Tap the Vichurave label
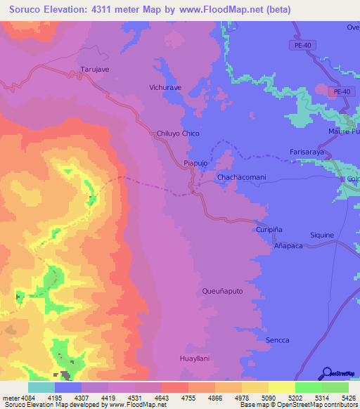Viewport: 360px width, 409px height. point(165,88)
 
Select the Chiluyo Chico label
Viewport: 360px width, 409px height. point(178,134)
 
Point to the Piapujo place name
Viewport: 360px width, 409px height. point(195,163)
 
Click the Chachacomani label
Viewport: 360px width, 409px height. point(241,178)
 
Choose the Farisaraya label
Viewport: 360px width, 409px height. point(309,152)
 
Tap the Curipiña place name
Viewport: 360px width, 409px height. point(268,230)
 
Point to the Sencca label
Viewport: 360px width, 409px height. point(278,340)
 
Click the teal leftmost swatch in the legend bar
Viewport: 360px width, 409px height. point(41,387)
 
